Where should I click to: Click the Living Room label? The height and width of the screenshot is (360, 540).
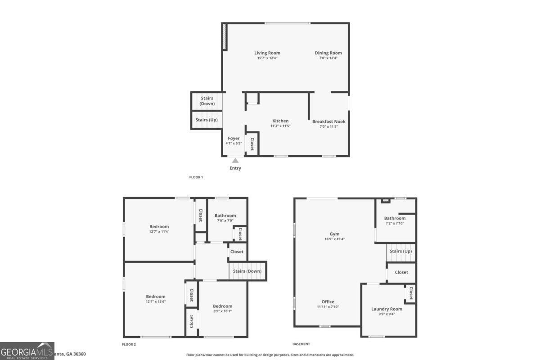point(267,53)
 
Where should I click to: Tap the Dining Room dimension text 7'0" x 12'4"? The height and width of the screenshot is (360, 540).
point(328,58)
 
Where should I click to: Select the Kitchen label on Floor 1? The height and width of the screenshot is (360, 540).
point(280,121)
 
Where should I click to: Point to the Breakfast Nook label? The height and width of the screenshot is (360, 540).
point(329,121)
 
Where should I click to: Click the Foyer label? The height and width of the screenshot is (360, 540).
point(234,138)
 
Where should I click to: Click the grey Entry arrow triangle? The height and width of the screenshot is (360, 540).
point(235,161)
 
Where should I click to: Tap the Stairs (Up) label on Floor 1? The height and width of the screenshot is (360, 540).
point(207,120)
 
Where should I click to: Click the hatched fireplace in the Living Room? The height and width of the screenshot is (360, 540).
point(224,37)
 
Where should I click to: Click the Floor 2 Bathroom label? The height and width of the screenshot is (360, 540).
point(225,216)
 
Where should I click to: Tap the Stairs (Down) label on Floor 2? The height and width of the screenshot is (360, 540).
point(247,271)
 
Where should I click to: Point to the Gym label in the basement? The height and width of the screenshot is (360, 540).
point(334,234)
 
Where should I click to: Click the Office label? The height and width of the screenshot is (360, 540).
point(328,301)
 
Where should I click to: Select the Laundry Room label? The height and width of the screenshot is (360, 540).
point(387,309)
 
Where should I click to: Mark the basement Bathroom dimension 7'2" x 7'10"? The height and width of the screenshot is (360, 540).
point(395,223)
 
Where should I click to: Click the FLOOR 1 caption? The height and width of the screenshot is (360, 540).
point(196,177)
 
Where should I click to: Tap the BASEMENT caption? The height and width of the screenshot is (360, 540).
point(301,344)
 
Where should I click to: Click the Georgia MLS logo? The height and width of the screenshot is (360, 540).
point(27,351)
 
